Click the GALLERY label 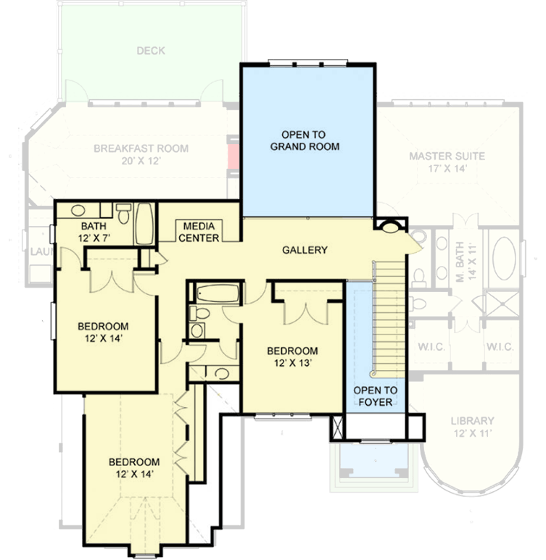coord(305,250)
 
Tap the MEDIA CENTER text coord(199,231)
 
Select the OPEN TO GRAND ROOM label coord(305,141)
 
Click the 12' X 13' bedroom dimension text coord(292,364)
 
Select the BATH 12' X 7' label coord(94,232)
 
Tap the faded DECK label coord(150,51)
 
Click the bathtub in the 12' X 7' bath coord(143,224)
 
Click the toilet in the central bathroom coord(199,314)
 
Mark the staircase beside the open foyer coord(388,319)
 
